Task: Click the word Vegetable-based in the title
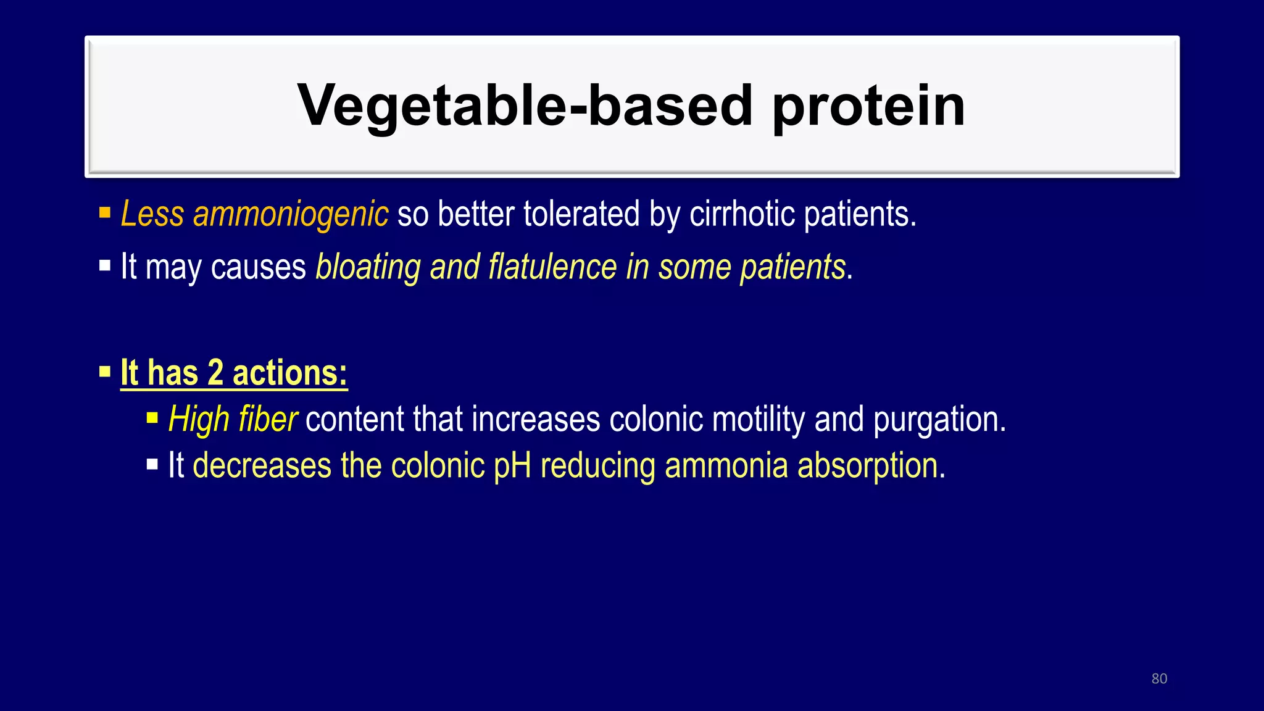point(525,106)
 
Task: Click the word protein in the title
point(869,106)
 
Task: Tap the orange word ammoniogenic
point(291,214)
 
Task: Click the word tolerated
point(581,214)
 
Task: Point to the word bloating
point(368,267)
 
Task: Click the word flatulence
point(553,267)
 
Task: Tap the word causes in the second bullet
point(258,267)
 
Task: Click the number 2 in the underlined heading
point(215,373)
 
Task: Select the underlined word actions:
point(290,373)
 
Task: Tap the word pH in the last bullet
point(512,466)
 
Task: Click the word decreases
point(262,466)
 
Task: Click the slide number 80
point(1159,679)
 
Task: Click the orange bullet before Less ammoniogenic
point(105,214)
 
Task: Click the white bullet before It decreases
point(152,465)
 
